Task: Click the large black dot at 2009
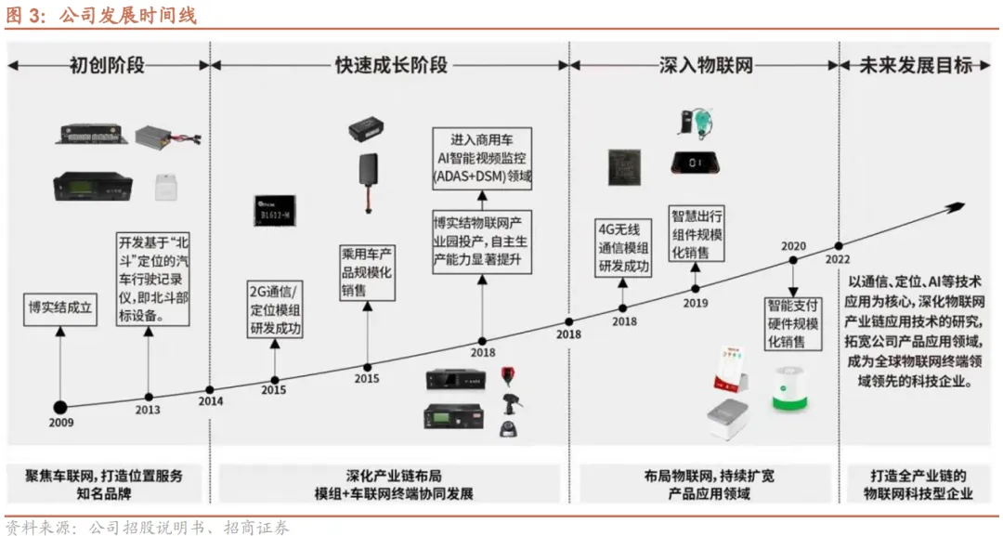61,407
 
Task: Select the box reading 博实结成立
60,307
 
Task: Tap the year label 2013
147,410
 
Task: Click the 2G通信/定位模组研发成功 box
276,308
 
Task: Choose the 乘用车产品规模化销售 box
368,272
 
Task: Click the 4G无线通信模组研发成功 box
622,246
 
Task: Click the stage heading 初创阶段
107,65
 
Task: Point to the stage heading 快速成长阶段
391,65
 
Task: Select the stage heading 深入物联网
705,65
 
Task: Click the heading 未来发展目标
916,65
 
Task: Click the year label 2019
696,302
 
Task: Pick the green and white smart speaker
795,386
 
